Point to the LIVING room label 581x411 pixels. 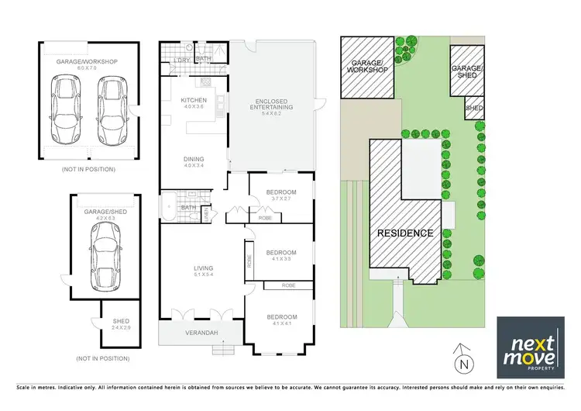coord(203,269)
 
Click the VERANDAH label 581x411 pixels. coord(201,334)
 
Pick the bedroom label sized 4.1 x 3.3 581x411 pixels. coord(281,253)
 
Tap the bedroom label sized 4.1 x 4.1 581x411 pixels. coord(281,317)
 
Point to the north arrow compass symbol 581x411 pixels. coord(463,359)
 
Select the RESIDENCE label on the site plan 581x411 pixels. coord(404,233)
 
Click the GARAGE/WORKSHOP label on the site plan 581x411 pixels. coord(369,67)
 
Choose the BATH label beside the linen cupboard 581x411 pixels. coord(187,208)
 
